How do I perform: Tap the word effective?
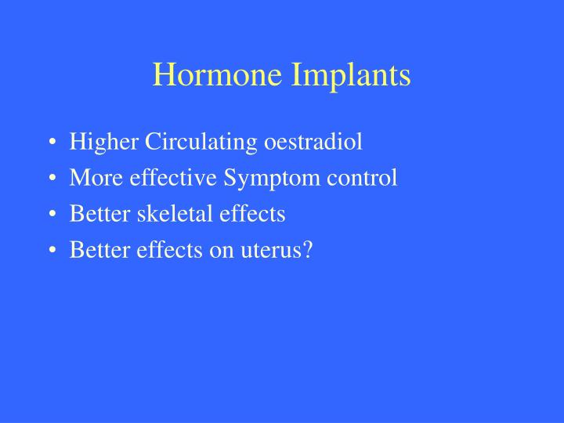157,178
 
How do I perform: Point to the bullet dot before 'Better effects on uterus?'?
52,250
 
